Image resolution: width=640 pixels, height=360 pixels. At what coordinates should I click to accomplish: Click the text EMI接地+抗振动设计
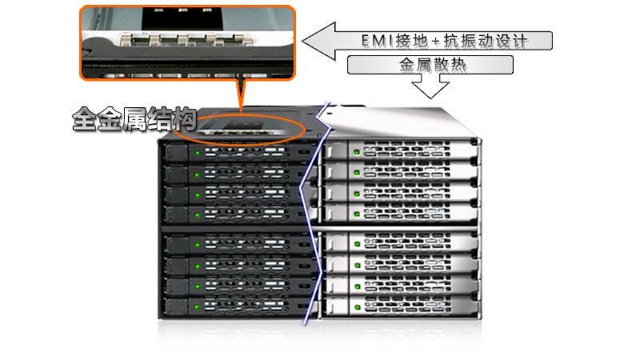(445, 41)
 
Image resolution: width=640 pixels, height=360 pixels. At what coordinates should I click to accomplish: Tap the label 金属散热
(432, 65)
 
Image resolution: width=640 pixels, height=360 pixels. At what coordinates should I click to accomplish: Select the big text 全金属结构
(134, 119)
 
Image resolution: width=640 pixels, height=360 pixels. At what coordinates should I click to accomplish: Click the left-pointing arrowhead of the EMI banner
(318, 41)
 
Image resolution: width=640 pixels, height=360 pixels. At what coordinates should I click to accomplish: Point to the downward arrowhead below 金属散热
(430, 90)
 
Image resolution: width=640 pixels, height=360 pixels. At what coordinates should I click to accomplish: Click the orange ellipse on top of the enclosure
(239, 129)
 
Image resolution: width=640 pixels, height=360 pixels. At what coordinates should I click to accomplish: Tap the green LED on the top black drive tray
(197, 153)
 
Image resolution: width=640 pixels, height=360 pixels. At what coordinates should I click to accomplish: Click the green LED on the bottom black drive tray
(197, 306)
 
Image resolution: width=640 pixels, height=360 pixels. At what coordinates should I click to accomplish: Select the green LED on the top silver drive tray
(356, 152)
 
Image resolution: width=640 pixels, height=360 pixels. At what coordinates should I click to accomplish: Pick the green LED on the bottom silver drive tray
(358, 307)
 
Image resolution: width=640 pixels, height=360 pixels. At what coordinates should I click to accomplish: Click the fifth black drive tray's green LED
(197, 245)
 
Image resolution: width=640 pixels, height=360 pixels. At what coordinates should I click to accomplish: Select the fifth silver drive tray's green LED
(357, 244)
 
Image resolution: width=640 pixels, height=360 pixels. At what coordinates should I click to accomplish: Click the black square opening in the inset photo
(182, 18)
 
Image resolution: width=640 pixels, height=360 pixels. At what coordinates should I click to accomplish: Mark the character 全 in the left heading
(85, 119)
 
